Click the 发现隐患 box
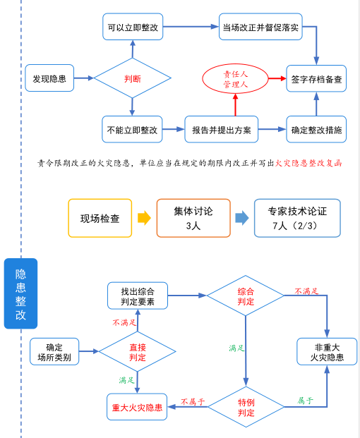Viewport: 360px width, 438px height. coord(49,78)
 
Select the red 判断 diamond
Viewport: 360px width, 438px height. coord(133,78)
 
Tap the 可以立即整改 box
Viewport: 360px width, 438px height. coord(133,27)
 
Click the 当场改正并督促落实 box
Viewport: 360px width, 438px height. coord(260,27)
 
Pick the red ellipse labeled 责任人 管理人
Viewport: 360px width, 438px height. coord(235,79)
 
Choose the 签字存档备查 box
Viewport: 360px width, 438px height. coord(316,79)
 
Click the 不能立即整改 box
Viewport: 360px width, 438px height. coord(132,129)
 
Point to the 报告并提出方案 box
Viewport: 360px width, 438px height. coord(222,129)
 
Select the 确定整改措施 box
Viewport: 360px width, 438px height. coord(316,129)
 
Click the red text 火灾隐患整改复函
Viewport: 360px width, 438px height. coord(308,163)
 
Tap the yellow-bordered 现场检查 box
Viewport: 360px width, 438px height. coord(100,218)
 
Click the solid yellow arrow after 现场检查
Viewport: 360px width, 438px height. coord(144,218)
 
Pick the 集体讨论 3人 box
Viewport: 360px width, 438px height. coord(193,218)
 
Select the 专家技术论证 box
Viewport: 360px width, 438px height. coord(297,218)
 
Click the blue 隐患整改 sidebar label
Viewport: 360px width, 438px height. coord(20,293)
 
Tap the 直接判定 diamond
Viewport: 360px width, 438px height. coord(137,352)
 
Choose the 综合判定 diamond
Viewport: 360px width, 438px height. coord(246,296)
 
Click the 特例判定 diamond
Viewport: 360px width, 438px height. coord(246,407)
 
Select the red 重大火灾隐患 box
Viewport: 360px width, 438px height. coord(137,407)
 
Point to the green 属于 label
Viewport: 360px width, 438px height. coord(305,401)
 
